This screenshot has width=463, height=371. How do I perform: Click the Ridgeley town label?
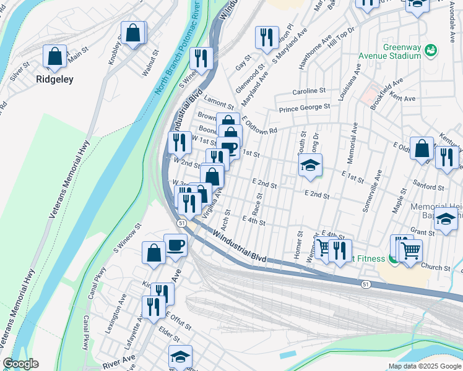54,79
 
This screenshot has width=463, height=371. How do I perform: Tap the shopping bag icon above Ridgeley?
55,56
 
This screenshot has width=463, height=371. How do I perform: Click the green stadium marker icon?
431,49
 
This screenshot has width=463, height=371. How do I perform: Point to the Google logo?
20,364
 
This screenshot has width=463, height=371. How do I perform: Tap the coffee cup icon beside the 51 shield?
175,244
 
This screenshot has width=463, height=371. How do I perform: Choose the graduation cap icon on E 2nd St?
310,165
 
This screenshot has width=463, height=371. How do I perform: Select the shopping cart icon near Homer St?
323,249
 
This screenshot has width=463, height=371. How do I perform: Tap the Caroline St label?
309,90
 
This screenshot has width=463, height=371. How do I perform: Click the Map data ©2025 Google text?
425,366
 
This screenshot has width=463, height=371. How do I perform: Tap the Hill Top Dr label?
340,38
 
